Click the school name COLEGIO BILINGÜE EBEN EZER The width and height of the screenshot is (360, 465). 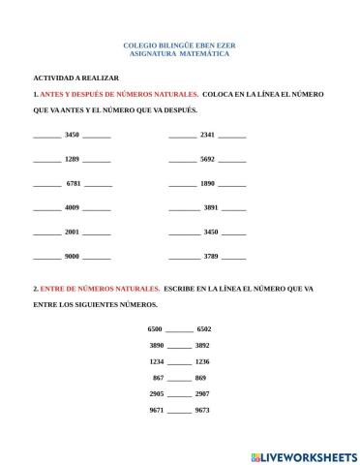click(179, 45)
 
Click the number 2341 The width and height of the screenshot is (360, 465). click(207, 134)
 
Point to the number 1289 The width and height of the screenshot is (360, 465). click(72, 158)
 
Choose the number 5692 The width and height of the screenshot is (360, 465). click(207, 158)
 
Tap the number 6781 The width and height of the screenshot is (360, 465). click(74, 183)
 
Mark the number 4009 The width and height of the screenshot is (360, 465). click(72, 207)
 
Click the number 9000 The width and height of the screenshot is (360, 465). click(72, 256)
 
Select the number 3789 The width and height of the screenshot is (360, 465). click(211, 256)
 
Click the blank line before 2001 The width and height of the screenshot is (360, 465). click(46, 233)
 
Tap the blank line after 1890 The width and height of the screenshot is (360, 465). click(232, 185)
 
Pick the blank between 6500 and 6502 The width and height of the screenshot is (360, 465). click(179, 331)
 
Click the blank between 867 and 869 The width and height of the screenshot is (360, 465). click(179, 379)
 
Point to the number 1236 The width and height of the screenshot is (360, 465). click(202, 360)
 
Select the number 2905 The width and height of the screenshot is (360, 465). click(157, 393)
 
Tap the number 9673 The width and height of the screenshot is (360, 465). click(202, 410)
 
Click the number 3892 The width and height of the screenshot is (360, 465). click(202, 345)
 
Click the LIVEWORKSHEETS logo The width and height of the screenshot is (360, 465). click(303, 455)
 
